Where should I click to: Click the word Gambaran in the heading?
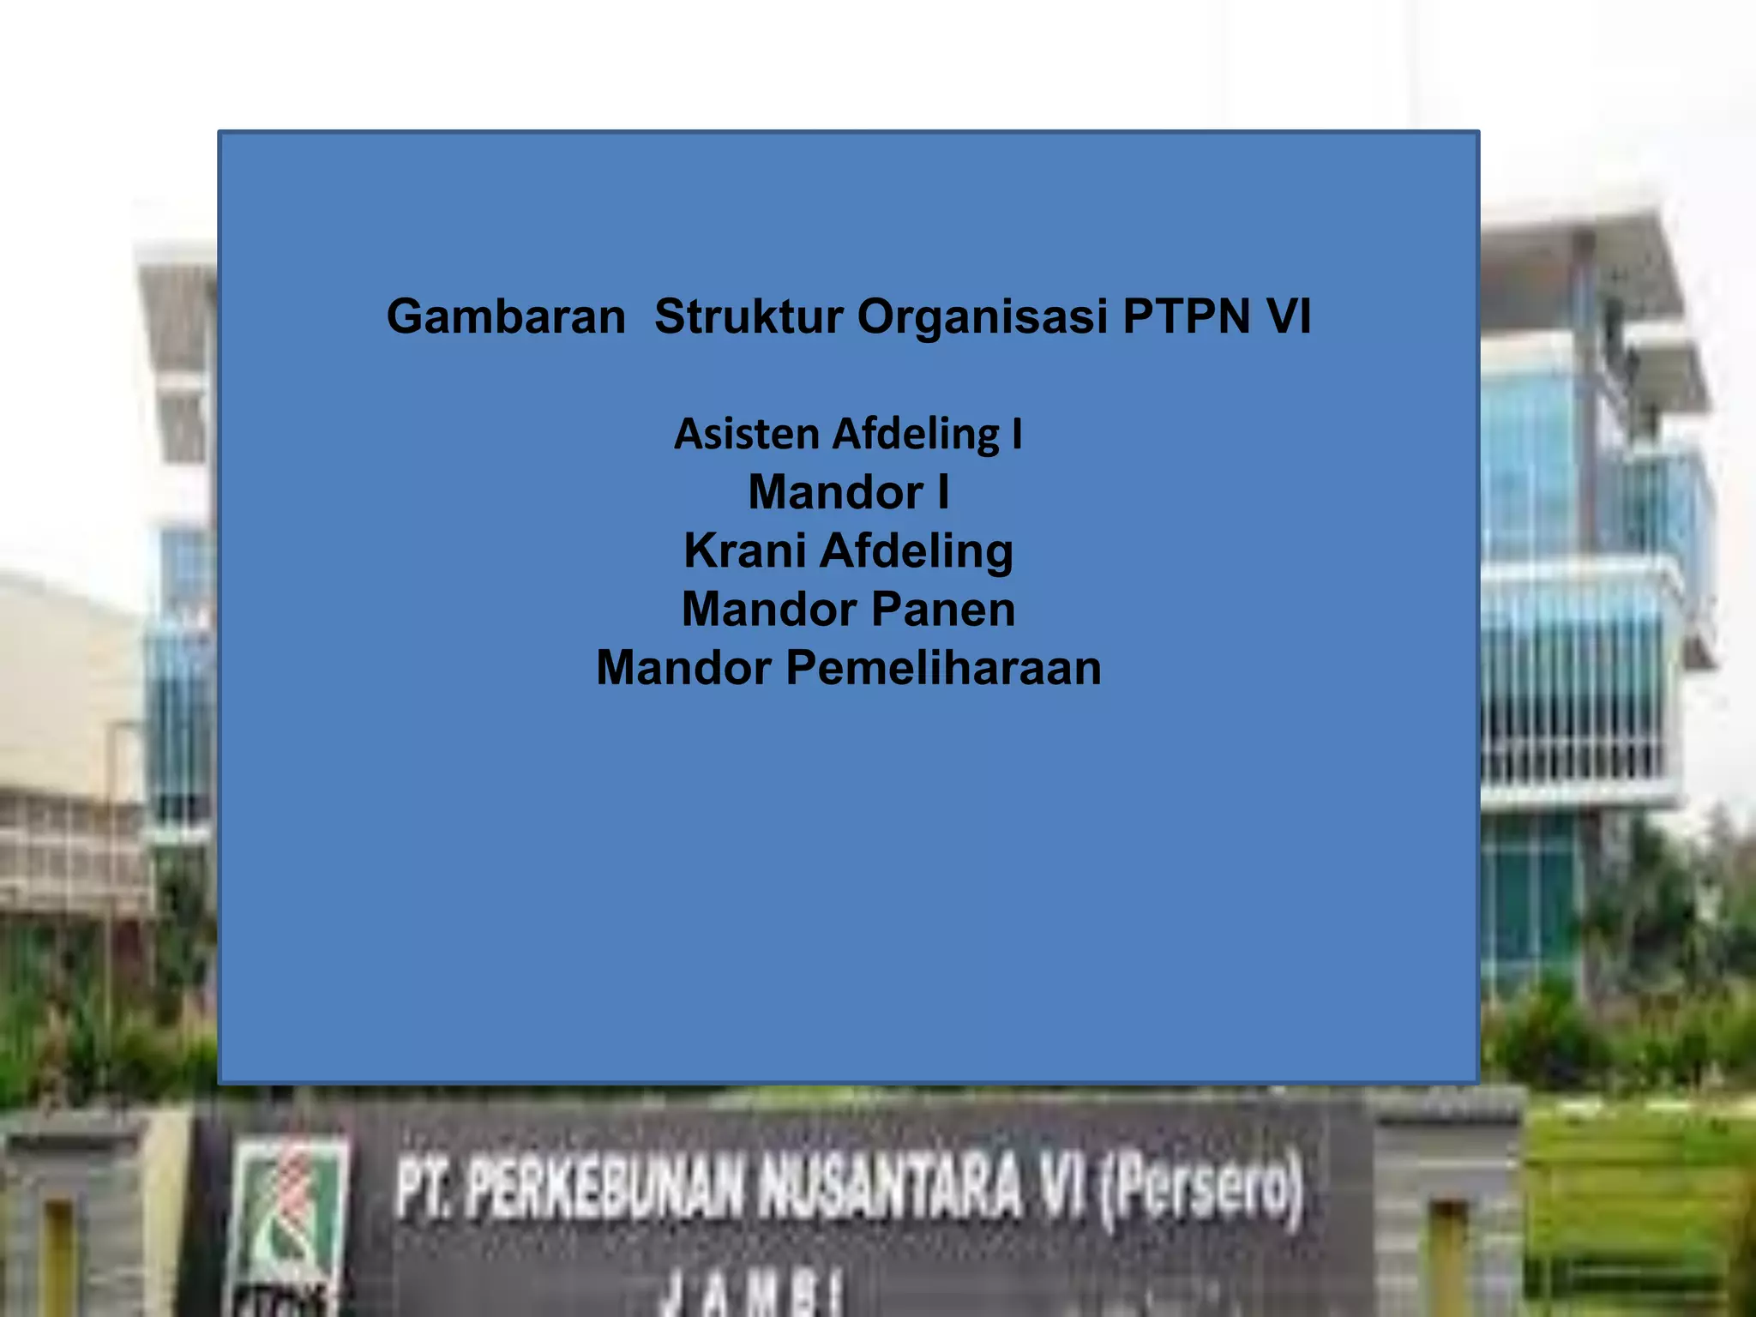click(x=506, y=317)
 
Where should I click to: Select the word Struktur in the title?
click(x=749, y=317)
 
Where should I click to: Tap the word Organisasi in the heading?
click(x=983, y=317)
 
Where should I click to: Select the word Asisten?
click(x=747, y=434)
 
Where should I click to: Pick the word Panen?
click(x=943, y=610)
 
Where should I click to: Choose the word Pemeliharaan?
click(x=943, y=668)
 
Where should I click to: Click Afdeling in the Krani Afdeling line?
click(x=917, y=550)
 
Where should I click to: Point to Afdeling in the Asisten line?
click(x=916, y=434)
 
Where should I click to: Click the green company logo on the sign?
click(x=292, y=1218)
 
